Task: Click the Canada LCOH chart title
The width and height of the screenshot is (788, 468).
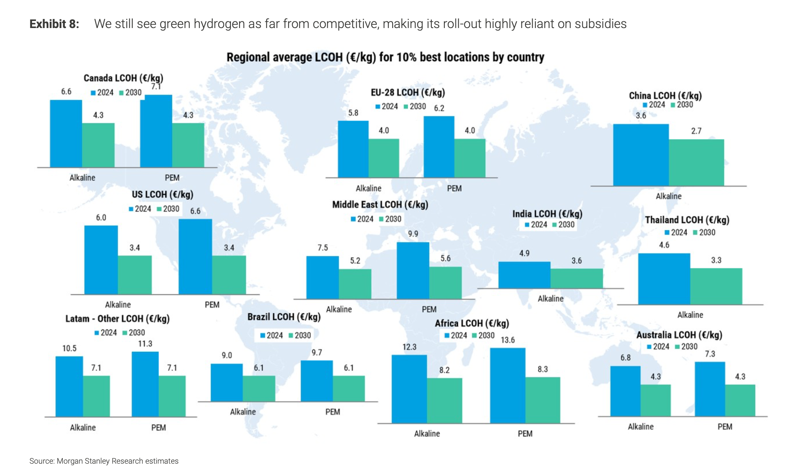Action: (x=123, y=78)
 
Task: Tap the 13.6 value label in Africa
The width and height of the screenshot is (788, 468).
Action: (x=508, y=340)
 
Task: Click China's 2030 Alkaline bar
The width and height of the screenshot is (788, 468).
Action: (x=696, y=162)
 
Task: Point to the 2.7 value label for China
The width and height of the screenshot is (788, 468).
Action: (x=696, y=131)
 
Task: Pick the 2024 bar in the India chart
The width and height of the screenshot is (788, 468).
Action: (x=524, y=275)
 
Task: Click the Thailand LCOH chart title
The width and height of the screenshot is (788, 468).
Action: (x=687, y=220)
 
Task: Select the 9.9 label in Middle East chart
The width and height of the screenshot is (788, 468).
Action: (x=413, y=234)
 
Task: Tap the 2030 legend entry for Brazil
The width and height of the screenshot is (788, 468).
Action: (x=300, y=335)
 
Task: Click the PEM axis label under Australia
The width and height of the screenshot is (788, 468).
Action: (x=725, y=427)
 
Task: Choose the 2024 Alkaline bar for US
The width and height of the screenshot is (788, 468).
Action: (x=101, y=259)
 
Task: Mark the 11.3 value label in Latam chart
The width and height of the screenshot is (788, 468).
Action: (x=145, y=344)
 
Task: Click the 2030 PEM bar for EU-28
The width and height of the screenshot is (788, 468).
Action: (x=470, y=158)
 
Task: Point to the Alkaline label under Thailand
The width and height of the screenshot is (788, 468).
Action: (x=690, y=315)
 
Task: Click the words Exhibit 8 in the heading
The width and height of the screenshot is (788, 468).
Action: (x=54, y=24)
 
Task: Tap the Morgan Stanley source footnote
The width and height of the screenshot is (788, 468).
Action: (x=104, y=461)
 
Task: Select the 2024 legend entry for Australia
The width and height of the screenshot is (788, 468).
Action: (x=658, y=347)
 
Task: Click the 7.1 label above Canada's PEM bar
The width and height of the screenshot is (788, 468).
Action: (x=156, y=86)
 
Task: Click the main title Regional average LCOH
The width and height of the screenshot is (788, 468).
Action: (x=385, y=57)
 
